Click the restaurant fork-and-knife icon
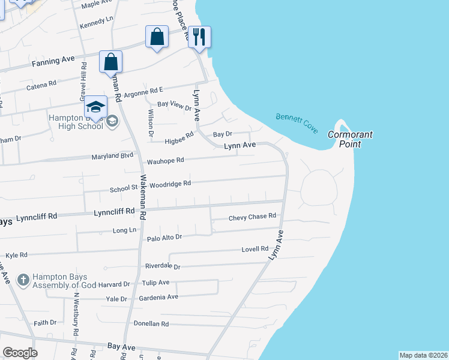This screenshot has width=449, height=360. (199, 37)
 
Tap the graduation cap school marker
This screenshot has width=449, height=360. (95, 107)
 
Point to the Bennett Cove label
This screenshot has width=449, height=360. (297, 123)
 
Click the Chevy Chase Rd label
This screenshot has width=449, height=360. (252, 216)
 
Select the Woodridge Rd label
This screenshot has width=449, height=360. (170, 184)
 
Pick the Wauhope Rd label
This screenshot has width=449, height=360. (165, 161)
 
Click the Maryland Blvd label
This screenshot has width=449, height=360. (112, 157)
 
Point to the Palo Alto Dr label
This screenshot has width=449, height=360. (164, 238)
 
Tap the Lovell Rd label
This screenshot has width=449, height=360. (255, 249)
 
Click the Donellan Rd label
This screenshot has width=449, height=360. (151, 324)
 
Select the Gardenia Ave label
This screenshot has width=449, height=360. (160, 297)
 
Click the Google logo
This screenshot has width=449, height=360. (20, 353)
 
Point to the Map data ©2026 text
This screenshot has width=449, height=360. (423, 355)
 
